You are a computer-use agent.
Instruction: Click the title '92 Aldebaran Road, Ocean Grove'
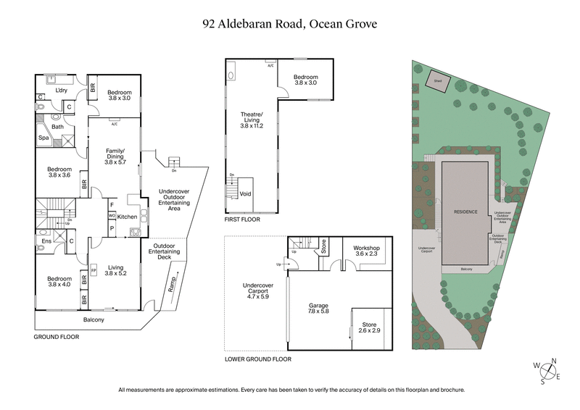pos(290,23)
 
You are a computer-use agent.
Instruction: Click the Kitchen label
pos(128,217)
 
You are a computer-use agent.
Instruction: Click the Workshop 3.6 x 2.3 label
pos(366,251)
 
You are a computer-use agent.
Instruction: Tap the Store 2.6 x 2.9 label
pos(369,327)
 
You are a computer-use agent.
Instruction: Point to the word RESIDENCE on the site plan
pos(465,212)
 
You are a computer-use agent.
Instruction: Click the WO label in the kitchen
pos(112,216)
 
